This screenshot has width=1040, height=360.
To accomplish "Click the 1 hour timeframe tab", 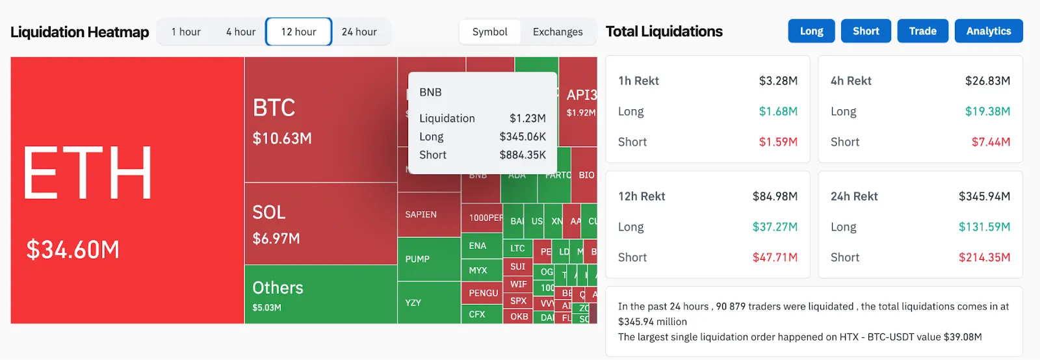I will (x=186, y=32).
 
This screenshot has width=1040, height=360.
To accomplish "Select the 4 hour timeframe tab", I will (x=240, y=32).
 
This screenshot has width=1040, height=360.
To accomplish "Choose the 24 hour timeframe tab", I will (x=359, y=32).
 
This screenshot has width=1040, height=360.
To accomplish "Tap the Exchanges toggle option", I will (x=558, y=32).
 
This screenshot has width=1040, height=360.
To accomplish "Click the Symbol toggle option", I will (x=489, y=32).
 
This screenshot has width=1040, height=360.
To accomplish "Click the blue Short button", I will (x=866, y=31).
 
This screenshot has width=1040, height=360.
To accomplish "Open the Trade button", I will (x=922, y=31).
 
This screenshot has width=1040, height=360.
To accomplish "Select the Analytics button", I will (x=988, y=31).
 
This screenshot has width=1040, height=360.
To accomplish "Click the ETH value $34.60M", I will (x=73, y=250).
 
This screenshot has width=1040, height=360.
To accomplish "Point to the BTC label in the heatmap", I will (x=274, y=108).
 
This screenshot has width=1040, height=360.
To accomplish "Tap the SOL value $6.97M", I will (x=276, y=238).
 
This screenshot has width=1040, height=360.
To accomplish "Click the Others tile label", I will (x=278, y=288).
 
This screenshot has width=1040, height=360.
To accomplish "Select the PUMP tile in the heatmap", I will (x=417, y=259).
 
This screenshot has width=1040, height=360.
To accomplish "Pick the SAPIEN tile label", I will (x=421, y=214).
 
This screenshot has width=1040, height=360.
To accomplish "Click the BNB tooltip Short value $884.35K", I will (x=523, y=155).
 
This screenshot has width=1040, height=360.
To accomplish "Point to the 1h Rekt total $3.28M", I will (x=778, y=81).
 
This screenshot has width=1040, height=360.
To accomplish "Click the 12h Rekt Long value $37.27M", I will (x=775, y=227).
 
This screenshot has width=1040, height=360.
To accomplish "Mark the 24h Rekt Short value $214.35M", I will (x=984, y=257).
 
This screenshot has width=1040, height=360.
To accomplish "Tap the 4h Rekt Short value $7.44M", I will (x=991, y=142).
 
